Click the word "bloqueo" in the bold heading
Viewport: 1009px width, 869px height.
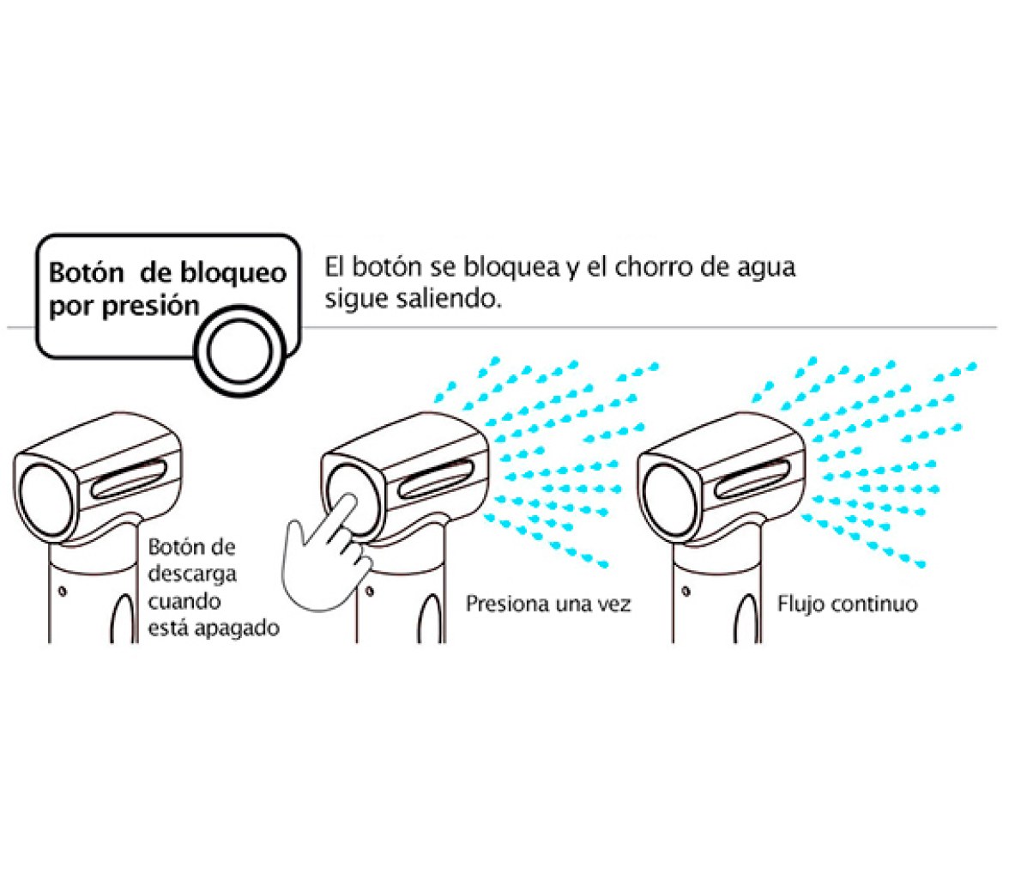(233, 274)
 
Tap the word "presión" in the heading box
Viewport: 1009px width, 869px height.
(151, 306)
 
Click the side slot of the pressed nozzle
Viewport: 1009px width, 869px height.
(436, 479)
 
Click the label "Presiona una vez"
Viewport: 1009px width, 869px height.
(548, 605)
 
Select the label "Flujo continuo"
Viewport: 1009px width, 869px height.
(848, 605)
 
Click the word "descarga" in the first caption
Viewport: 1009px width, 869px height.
(192, 574)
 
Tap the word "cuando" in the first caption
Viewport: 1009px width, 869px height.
(184, 602)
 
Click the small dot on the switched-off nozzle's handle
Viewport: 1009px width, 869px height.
(63, 590)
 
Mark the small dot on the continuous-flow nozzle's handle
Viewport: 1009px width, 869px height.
(686, 591)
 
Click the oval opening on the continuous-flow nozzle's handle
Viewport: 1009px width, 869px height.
(748, 618)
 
